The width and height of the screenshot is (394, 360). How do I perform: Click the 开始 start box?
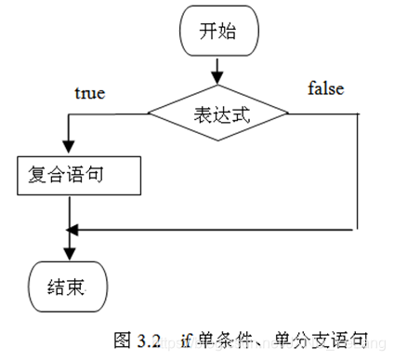[217, 31]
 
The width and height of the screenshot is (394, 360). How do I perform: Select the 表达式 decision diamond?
[218, 114]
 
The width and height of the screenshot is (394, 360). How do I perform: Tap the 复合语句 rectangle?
[78, 175]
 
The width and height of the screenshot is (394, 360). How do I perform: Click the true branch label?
[89, 93]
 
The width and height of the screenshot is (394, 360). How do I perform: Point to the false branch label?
[325, 89]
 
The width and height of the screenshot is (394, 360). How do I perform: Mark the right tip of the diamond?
[287, 114]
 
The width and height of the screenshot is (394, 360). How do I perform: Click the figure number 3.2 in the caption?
[149, 339]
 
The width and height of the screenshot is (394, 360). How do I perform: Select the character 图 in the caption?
[122, 339]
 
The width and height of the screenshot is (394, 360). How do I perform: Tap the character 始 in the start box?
[228, 31]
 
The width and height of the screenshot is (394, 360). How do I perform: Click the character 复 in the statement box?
[27, 175]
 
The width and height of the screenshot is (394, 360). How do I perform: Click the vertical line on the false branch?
[358, 172]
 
